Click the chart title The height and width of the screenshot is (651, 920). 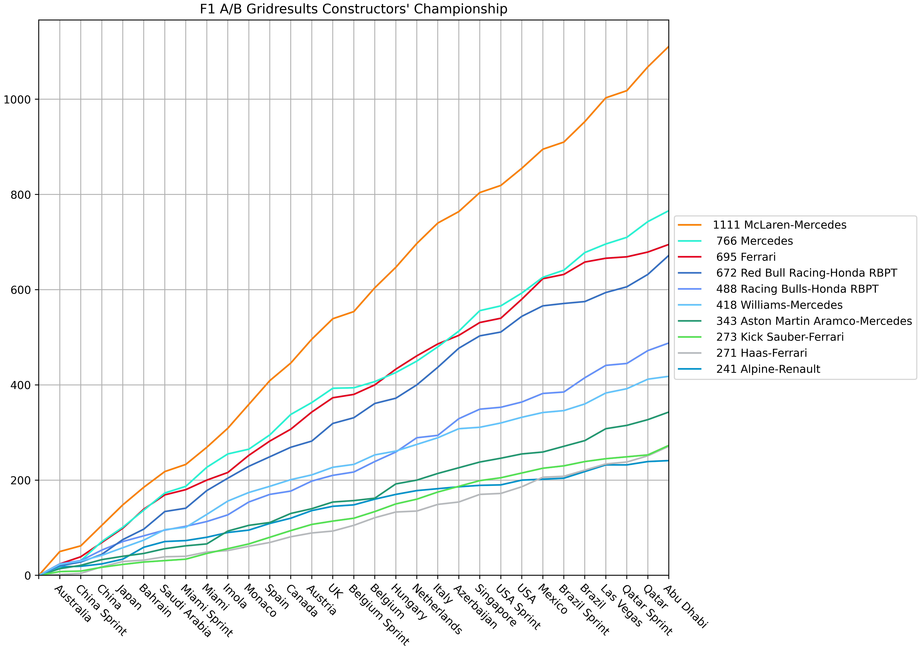click(x=353, y=9)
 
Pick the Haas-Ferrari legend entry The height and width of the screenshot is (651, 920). click(x=761, y=353)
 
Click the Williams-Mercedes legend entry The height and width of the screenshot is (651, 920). click(x=779, y=305)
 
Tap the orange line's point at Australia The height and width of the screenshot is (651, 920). click(x=60, y=552)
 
